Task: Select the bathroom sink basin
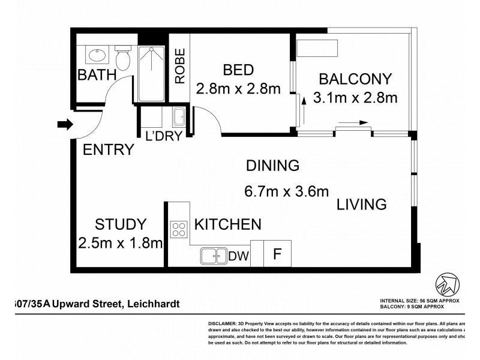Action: (x=96, y=55)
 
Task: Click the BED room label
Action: (x=238, y=70)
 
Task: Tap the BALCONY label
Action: (x=355, y=79)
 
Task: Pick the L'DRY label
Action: (x=163, y=136)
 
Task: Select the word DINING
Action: (x=272, y=166)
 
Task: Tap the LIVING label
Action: (x=361, y=205)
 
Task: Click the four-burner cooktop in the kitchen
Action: (x=179, y=229)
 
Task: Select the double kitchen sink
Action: (x=213, y=256)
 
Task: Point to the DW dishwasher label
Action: (x=238, y=257)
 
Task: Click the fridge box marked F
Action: (x=277, y=253)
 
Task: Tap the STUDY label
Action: (x=121, y=225)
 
